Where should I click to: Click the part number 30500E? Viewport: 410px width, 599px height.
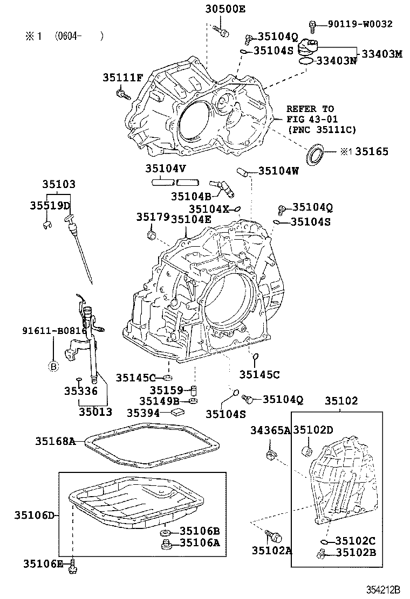tap(225, 9)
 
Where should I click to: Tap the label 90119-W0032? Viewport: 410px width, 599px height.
tap(360, 24)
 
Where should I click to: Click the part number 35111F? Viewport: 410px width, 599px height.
tap(122, 78)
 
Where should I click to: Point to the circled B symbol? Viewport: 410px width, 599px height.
tap(53, 367)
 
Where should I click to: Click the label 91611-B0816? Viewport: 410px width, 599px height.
tap(54, 330)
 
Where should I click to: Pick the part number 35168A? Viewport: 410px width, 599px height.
tap(56, 441)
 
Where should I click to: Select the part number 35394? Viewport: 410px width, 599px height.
tap(143, 413)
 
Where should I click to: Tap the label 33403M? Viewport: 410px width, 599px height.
tap(382, 53)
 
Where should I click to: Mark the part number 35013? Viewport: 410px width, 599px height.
tap(95, 412)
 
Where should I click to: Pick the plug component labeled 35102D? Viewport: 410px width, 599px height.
tap(307, 450)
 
